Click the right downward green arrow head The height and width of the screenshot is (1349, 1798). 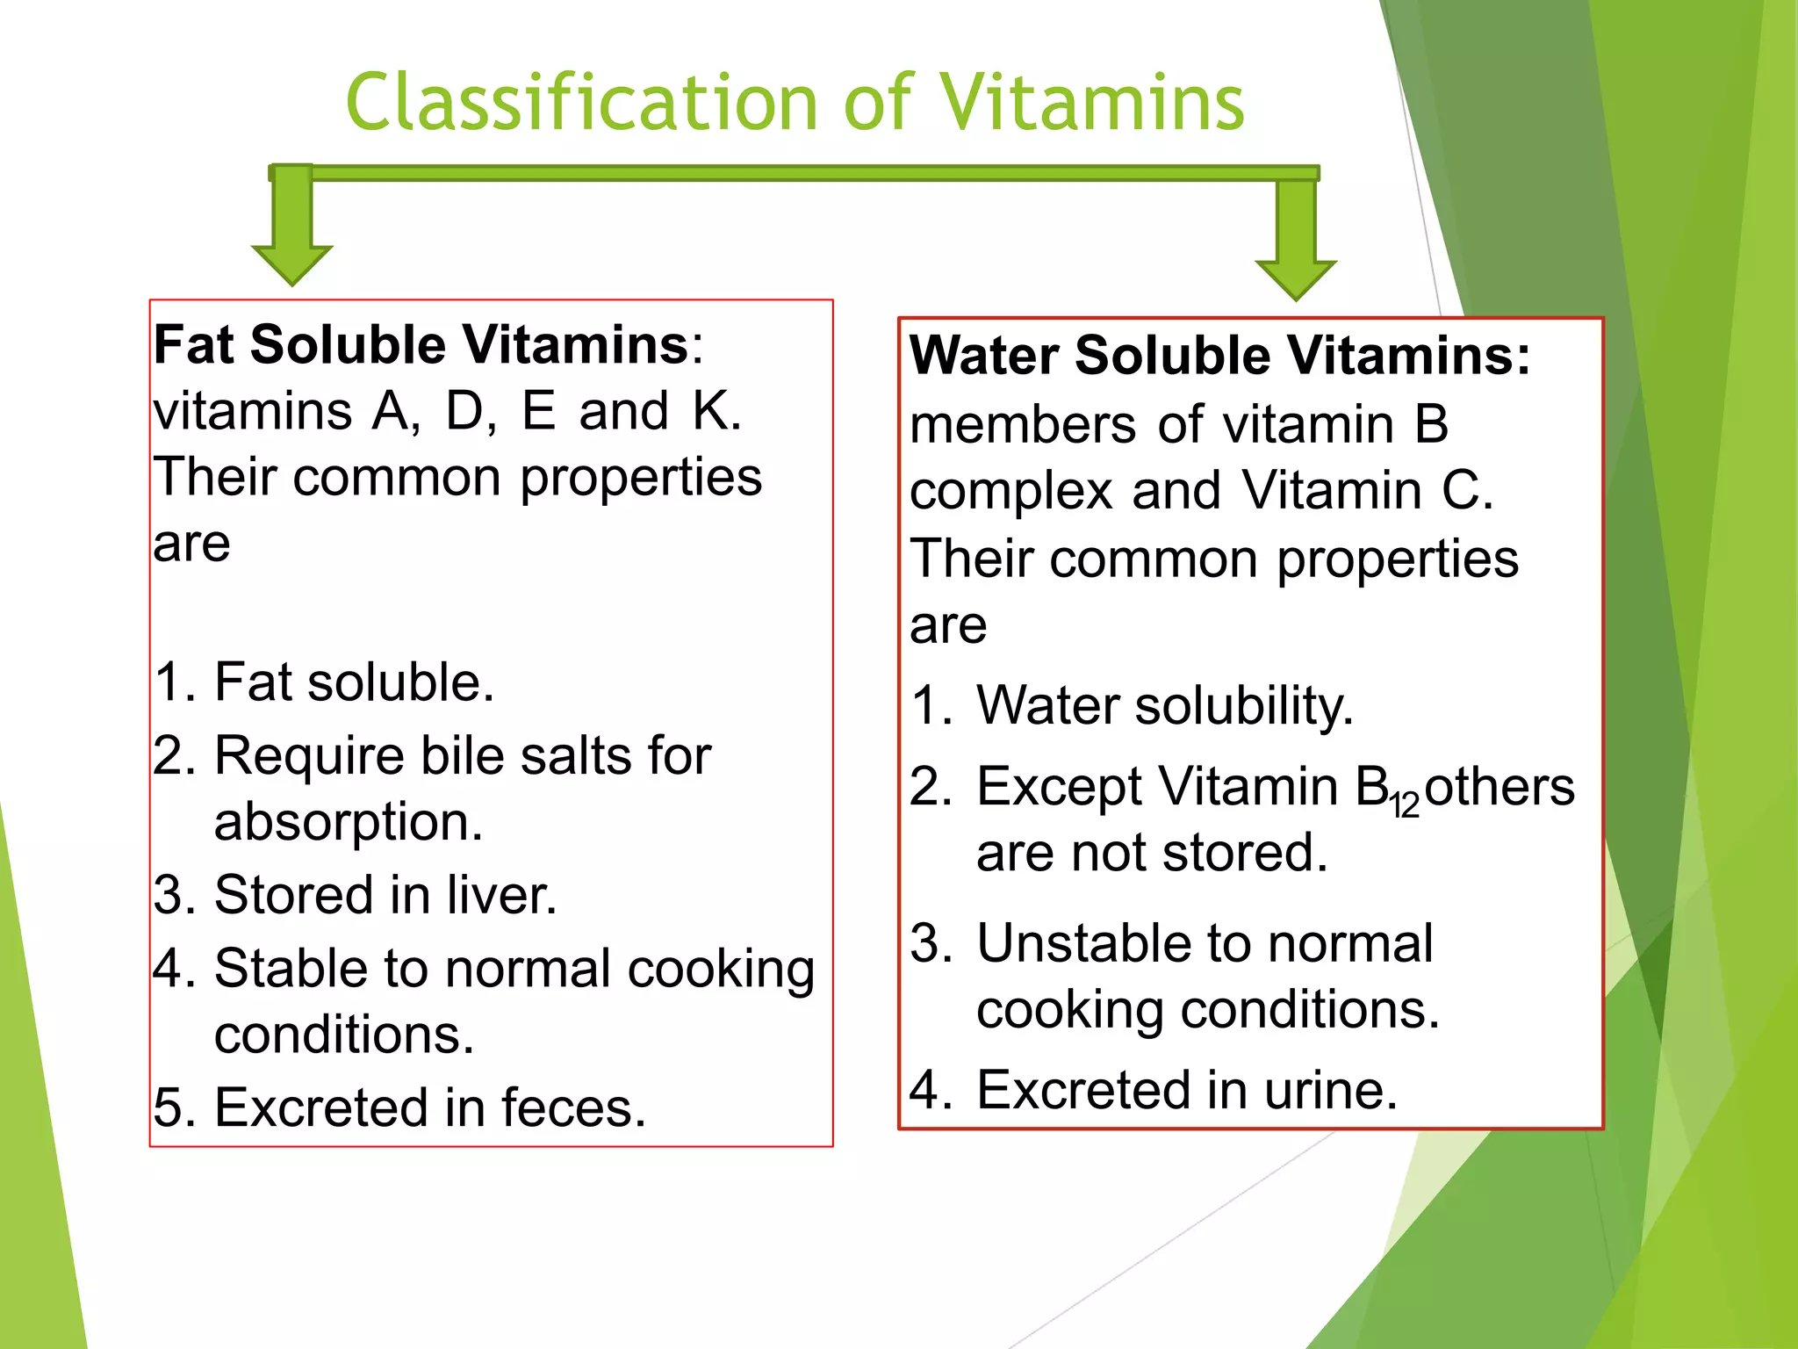(x=1295, y=278)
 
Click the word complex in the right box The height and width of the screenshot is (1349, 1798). (x=1010, y=491)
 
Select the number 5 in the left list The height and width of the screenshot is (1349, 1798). (x=169, y=1107)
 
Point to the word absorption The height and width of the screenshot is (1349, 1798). (x=348, y=822)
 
